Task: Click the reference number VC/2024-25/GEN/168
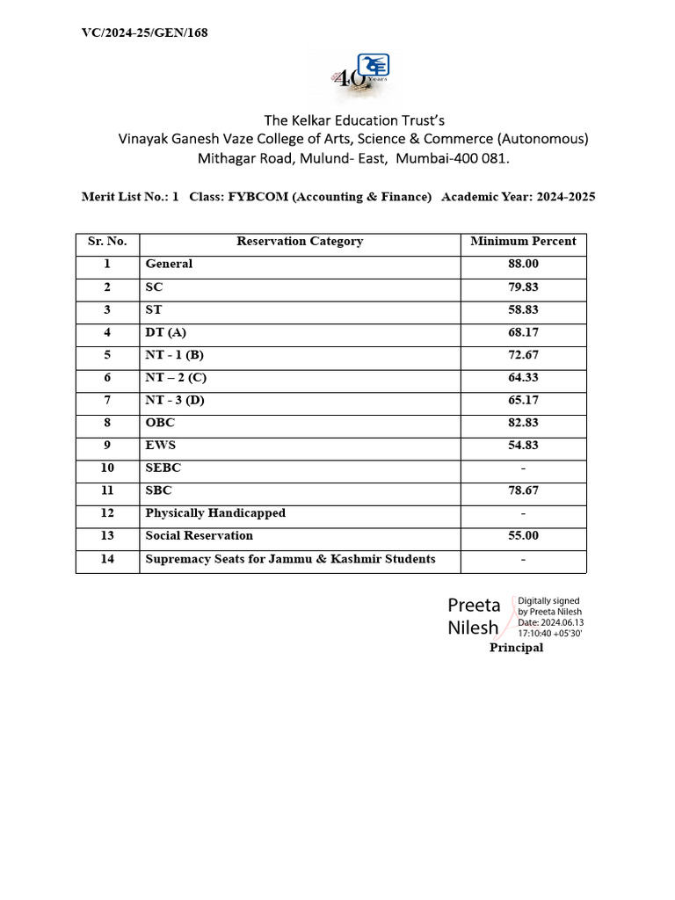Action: [x=144, y=33]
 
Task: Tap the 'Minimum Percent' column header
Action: [x=523, y=242]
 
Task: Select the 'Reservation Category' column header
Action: [x=300, y=242]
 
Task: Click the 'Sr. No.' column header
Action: [x=107, y=242]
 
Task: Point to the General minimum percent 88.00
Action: [x=523, y=265]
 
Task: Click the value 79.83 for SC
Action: [x=523, y=287]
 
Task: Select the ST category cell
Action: [x=154, y=310]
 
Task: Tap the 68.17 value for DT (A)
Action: [x=523, y=333]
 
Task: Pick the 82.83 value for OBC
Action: [x=523, y=424]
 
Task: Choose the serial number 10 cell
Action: [x=107, y=468]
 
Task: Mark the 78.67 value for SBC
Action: [x=523, y=491]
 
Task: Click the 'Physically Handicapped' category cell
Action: [x=215, y=513]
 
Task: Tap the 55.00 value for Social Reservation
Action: [x=523, y=536]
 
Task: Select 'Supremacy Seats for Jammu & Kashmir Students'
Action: [x=290, y=559]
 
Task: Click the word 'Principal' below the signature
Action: [x=516, y=648]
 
